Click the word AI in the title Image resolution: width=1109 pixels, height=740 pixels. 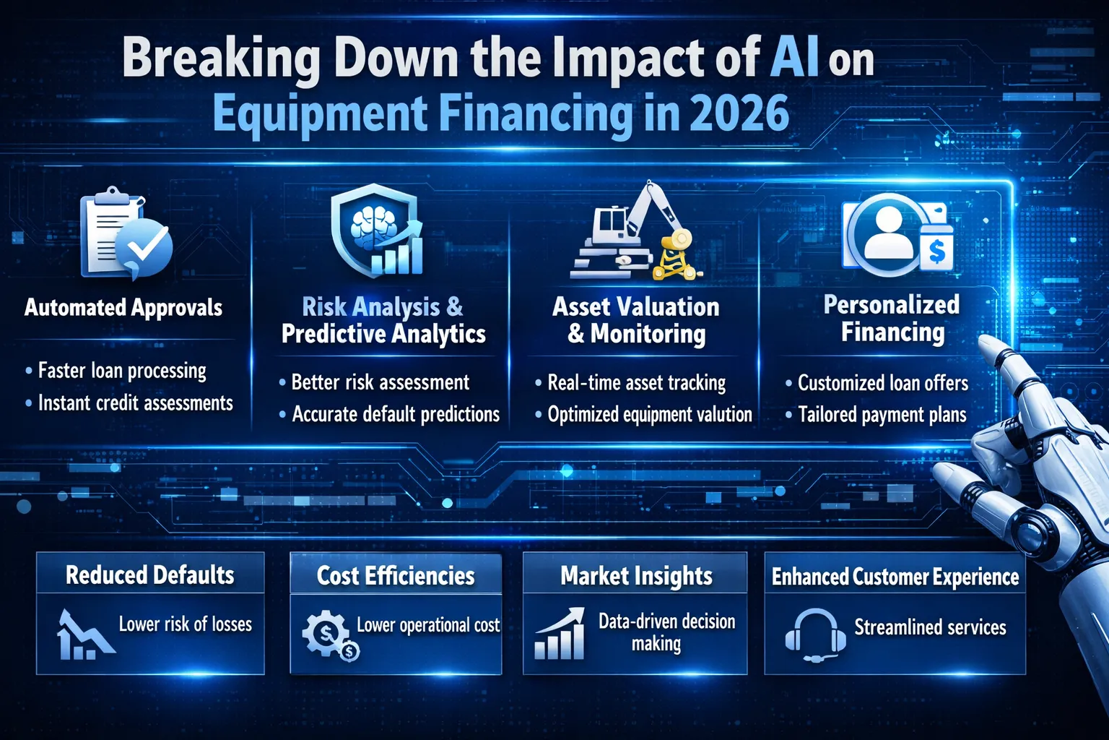pyautogui.click(x=794, y=58)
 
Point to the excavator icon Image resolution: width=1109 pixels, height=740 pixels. pyautogui.click(x=635, y=232)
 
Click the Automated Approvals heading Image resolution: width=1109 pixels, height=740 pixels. pyautogui.click(x=123, y=308)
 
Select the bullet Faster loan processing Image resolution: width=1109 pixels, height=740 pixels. pyautogui.click(x=122, y=371)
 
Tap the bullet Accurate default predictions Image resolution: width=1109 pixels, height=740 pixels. pyautogui.click(x=395, y=415)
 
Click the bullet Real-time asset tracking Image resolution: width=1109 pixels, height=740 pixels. pyautogui.click(x=636, y=383)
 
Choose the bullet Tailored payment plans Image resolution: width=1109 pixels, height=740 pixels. pyautogui.click(x=882, y=415)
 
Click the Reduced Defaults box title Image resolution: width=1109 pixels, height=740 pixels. pyautogui.click(x=150, y=575)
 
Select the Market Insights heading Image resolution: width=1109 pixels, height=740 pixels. pyautogui.click(x=636, y=576)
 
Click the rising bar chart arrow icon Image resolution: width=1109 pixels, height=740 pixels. pyautogui.click(x=560, y=634)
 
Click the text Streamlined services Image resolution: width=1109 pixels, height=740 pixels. pyautogui.click(x=930, y=627)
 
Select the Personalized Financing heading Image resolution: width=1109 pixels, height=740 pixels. pyautogui.click(x=892, y=318)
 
